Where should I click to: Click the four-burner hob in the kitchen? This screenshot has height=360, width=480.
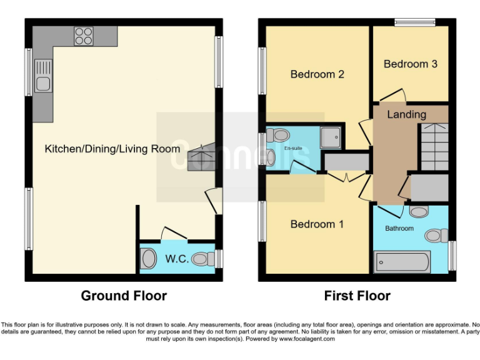click(x=84, y=36)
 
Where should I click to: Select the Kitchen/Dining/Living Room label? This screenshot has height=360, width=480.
click(x=112, y=149)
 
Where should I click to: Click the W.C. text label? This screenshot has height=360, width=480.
click(x=177, y=258)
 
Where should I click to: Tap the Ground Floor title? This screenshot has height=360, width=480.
click(x=124, y=296)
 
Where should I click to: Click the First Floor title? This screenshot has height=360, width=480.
click(x=357, y=296)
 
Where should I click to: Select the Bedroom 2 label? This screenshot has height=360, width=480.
click(x=317, y=74)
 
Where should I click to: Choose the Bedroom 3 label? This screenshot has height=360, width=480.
click(x=411, y=64)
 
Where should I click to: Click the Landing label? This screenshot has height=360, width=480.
click(x=406, y=114)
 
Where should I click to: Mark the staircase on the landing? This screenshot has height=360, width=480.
click(x=432, y=146)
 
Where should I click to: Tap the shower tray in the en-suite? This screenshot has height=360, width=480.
click(x=332, y=136)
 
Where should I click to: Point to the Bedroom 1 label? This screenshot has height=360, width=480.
click(x=317, y=224)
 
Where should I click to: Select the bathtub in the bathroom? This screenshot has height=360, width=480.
click(x=402, y=261)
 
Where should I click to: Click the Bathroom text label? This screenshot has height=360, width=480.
click(x=399, y=228)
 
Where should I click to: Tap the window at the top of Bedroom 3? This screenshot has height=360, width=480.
click(x=414, y=22)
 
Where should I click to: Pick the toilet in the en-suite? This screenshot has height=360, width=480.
click(x=278, y=134)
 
